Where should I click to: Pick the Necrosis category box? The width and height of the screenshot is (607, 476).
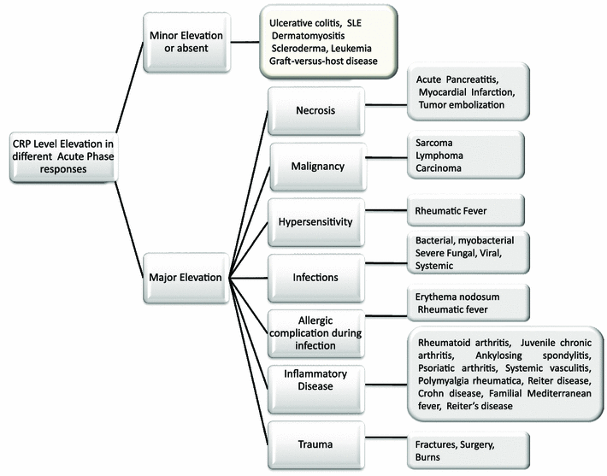[x=318, y=110]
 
